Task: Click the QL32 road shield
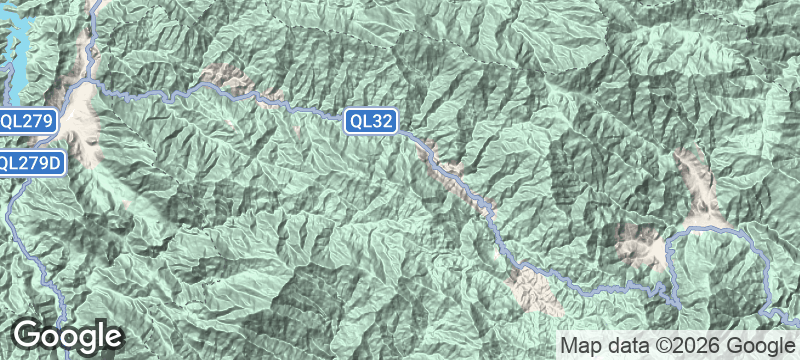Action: [x=372, y=122]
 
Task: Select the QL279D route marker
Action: [x=32, y=162]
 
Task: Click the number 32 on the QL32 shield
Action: [x=383, y=122]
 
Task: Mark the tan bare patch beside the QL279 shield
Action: [x=88, y=125]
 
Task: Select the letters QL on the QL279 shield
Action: [x=11, y=121]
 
